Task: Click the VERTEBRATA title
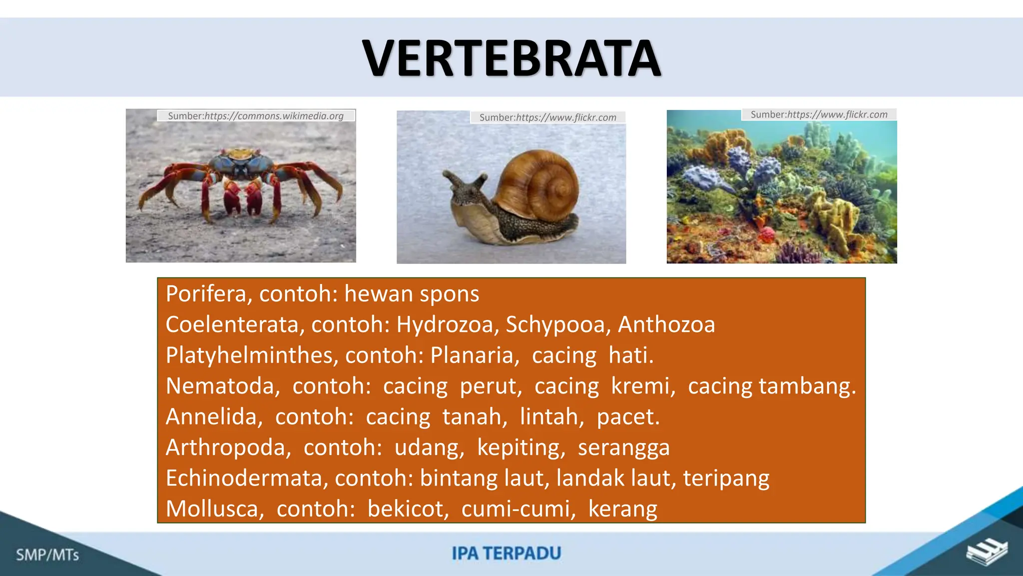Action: (x=511, y=59)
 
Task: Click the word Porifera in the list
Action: (x=206, y=294)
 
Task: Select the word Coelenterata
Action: (x=232, y=324)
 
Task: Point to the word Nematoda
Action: (x=220, y=386)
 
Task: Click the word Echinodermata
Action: (x=244, y=478)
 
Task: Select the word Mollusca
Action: (x=212, y=509)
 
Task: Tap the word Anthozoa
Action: (x=666, y=324)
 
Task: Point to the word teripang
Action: (x=726, y=479)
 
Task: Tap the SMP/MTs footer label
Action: (x=47, y=555)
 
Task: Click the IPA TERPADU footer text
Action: (x=507, y=553)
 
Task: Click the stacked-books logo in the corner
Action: (x=986, y=552)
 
